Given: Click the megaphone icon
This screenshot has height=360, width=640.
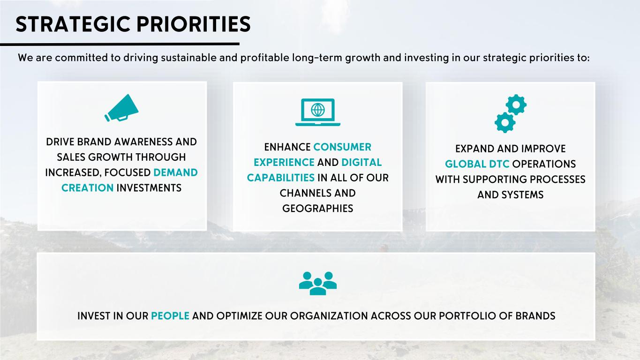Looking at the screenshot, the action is tap(121, 108).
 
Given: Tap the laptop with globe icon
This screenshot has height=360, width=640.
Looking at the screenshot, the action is tap(318, 112).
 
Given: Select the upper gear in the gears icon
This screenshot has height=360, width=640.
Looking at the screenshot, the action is tap(516, 105).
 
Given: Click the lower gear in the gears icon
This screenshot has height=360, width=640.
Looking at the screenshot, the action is tap(505, 122).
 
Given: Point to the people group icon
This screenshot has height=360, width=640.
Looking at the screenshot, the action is tap(318, 283).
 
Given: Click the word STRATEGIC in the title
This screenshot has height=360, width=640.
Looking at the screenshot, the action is tap(73, 24).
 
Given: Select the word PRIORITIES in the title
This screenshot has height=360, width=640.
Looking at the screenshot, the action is tap(194, 24).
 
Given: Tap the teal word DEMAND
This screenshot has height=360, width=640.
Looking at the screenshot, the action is tap(175, 172).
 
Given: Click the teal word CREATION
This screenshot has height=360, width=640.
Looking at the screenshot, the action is tap(87, 188).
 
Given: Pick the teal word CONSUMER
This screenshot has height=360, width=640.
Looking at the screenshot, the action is tap(342, 147).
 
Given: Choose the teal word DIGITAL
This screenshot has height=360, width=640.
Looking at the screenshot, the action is tap(361, 163).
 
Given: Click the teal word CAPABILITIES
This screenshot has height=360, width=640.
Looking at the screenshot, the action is tap(280, 178).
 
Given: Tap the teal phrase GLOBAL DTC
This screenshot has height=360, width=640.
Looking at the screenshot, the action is tap(477, 164).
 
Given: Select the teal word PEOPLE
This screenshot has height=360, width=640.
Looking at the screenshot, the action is tap(170, 316).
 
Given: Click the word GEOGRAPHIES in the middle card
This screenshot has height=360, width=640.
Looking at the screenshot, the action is tap(318, 209).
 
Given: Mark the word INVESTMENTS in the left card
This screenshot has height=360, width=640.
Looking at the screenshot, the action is tap(149, 188).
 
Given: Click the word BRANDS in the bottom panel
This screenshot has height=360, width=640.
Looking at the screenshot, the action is tap(535, 316).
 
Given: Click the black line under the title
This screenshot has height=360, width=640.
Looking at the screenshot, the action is tap(120, 44).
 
